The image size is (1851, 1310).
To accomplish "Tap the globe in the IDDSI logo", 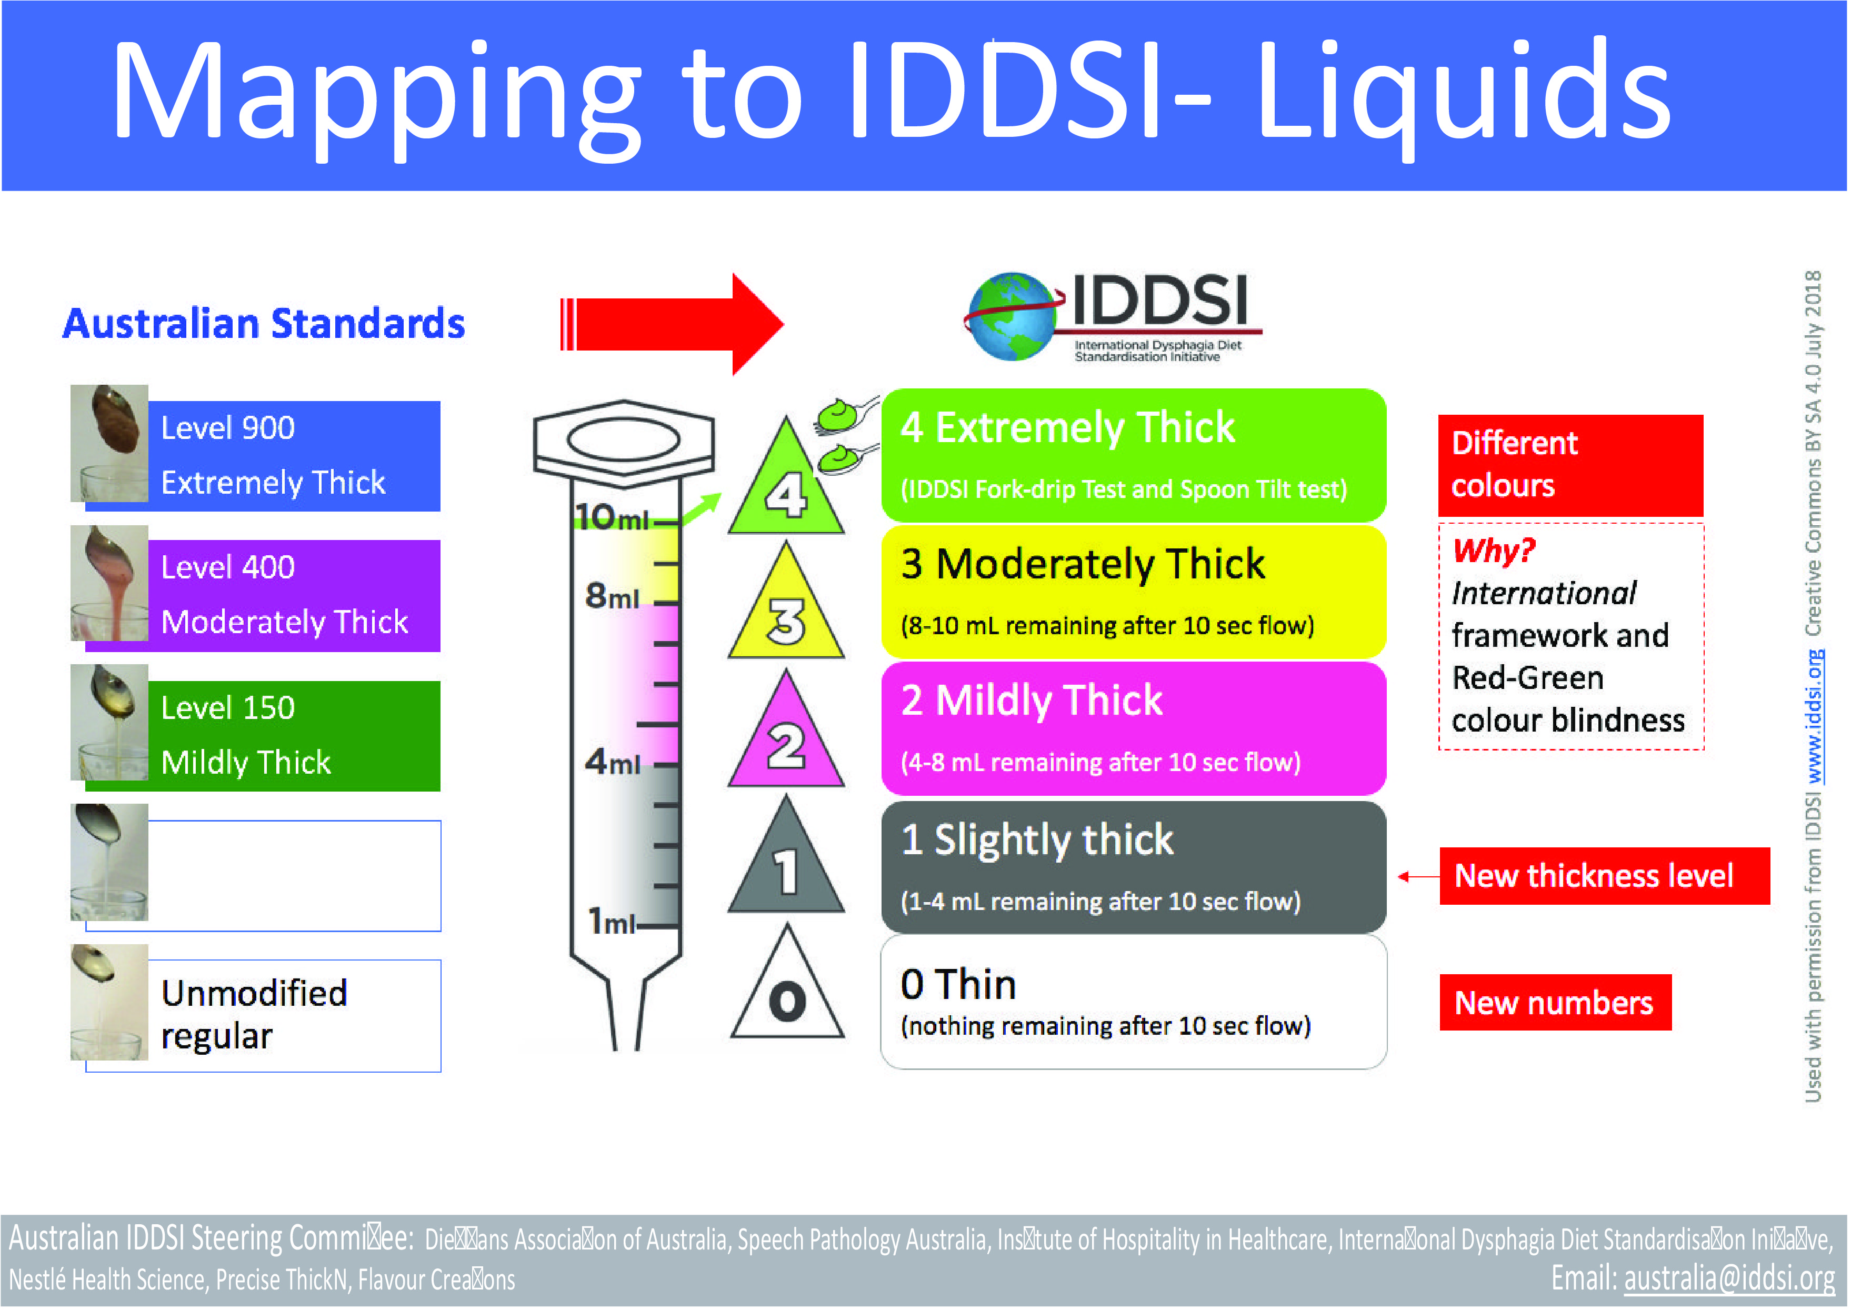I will [x=1012, y=317].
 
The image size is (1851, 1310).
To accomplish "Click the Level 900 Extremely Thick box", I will [x=294, y=456].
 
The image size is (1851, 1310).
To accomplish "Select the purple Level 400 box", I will [x=294, y=595].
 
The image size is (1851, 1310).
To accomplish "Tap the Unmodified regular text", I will [x=254, y=1015].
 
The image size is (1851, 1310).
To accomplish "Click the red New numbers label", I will [x=1554, y=1003].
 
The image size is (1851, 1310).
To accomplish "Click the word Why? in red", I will [x=1494, y=551].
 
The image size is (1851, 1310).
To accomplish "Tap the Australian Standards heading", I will [x=264, y=324].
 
